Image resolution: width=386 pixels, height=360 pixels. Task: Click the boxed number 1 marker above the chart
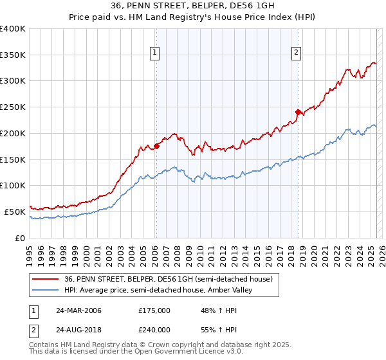[156, 53]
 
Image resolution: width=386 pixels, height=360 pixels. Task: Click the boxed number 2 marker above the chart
[297, 53]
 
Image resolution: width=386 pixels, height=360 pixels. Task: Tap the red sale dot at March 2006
[156, 147]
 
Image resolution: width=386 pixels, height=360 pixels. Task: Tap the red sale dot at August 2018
[298, 112]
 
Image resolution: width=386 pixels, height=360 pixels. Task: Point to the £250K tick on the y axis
[14, 107]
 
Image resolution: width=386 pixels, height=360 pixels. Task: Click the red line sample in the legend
[47, 279]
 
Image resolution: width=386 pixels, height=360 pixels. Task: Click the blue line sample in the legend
[47, 290]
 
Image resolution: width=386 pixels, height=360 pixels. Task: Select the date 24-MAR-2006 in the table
[78, 310]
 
